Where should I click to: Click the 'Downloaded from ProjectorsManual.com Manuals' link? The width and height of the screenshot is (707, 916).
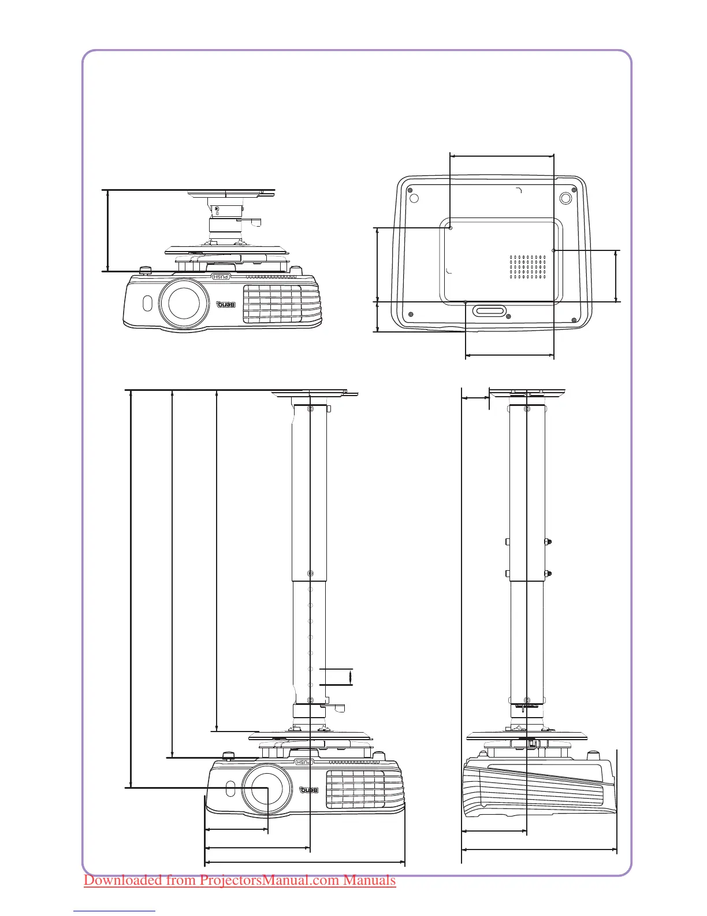pyautogui.click(x=240, y=881)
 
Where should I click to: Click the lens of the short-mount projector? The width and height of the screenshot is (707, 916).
pyautogui.click(x=184, y=302)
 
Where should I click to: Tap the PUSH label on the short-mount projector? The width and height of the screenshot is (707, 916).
pyautogui.click(x=222, y=277)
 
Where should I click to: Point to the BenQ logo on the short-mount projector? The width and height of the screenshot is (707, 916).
pyautogui.click(x=226, y=304)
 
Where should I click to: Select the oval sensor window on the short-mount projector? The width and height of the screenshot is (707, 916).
pyautogui.click(x=146, y=302)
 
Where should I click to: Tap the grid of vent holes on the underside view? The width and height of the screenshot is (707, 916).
pyautogui.click(x=528, y=267)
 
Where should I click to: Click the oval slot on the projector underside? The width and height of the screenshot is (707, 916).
pyautogui.click(x=489, y=311)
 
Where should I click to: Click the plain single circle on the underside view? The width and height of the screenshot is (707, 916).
pyautogui.click(x=414, y=198)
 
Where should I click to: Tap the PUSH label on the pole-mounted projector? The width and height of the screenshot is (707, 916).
pyautogui.click(x=304, y=762)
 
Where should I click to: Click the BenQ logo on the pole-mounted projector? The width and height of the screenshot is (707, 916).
pyautogui.click(x=309, y=790)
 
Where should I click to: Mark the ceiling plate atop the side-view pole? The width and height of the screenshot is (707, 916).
pyautogui.click(x=527, y=393)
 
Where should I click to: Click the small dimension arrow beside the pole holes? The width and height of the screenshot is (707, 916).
pyautogui.click(x=351, y=677)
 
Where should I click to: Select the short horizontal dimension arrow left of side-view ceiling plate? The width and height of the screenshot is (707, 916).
pyautogui.click(x=475, y=397)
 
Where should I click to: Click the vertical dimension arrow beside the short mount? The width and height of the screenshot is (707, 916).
pyautogui.click(x=108, y=230)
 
